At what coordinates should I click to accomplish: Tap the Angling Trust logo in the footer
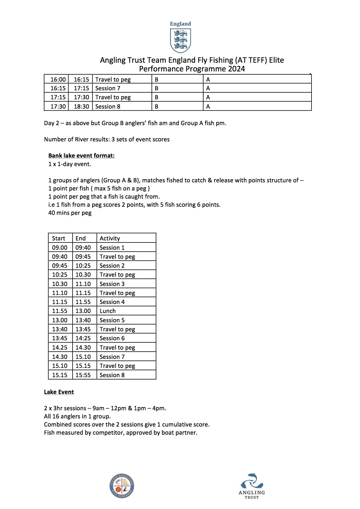click(252, 486)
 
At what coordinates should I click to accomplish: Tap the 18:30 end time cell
click(81, 107)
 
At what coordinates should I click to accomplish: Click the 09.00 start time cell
click(60, 248)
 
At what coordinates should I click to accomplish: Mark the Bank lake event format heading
click(81, 156)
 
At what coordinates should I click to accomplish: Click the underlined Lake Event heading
click(59, 392)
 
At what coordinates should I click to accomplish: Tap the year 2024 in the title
click(236, 69)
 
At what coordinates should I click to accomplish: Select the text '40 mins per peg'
click(70, 213)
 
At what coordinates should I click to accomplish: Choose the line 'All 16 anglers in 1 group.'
click(77, 416)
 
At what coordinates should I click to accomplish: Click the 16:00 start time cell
click(58, 80)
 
